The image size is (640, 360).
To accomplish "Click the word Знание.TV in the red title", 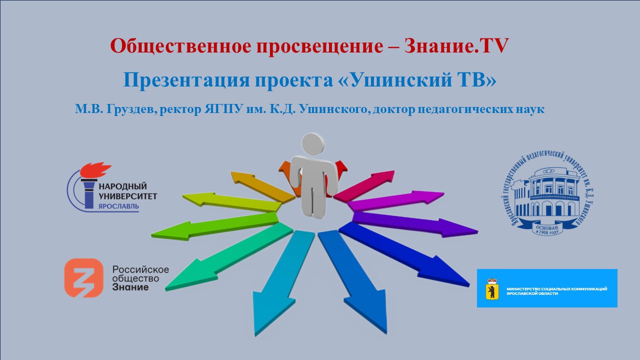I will coord(456,46).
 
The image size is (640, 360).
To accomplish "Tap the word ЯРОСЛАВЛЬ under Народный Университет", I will coord(118,205).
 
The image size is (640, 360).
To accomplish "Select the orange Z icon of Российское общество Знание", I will coord(83,278).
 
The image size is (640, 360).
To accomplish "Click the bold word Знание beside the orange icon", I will coord(130,287).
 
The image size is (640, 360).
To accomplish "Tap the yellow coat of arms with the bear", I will coord(492,289).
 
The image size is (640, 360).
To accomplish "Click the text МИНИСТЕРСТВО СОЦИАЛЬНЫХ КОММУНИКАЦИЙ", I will coord(556,289).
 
